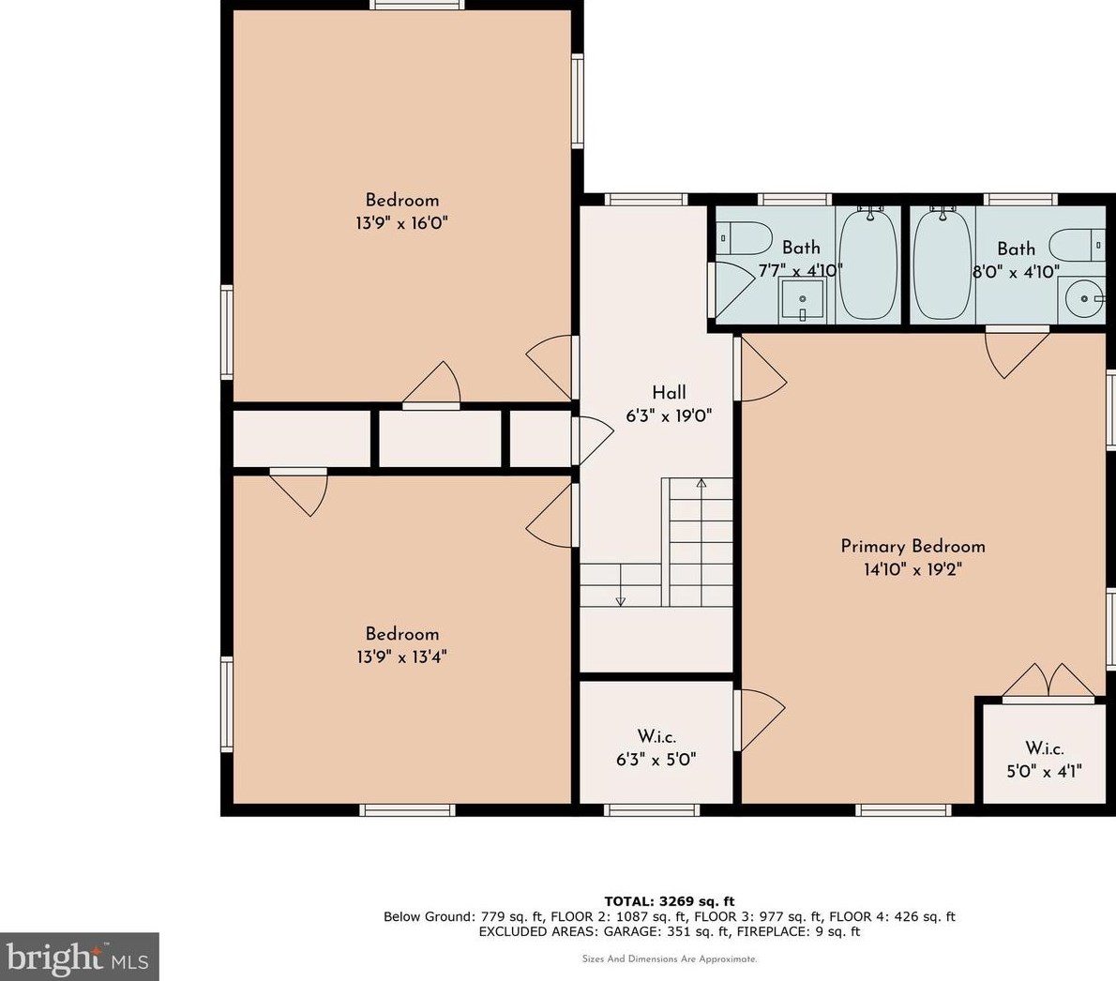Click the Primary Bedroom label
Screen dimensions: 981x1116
[912, 546]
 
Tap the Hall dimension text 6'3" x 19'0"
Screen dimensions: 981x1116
[669, 415]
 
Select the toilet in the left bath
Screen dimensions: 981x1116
[743, 238]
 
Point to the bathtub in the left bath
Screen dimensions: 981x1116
[867, 264]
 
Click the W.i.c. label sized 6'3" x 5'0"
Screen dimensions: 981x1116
[656, 737]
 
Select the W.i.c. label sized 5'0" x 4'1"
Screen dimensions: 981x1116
[1044, 748]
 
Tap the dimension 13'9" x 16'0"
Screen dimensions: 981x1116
[401, 223]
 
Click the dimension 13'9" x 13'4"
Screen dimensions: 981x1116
[401, 657]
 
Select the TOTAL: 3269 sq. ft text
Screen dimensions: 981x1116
[669, 901]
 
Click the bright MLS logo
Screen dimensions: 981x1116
[79, 958]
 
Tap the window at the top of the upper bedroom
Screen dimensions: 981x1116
[416, 5]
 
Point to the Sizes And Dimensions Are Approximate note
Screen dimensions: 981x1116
[669, 959]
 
